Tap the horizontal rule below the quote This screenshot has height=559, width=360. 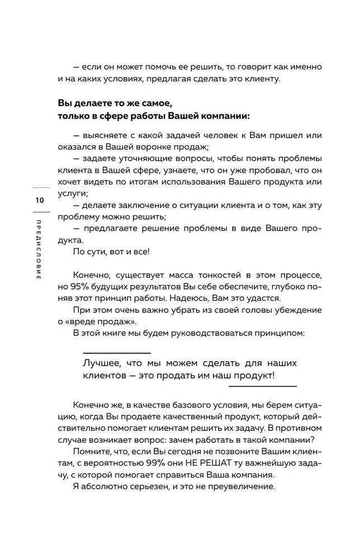click(263, 385)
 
